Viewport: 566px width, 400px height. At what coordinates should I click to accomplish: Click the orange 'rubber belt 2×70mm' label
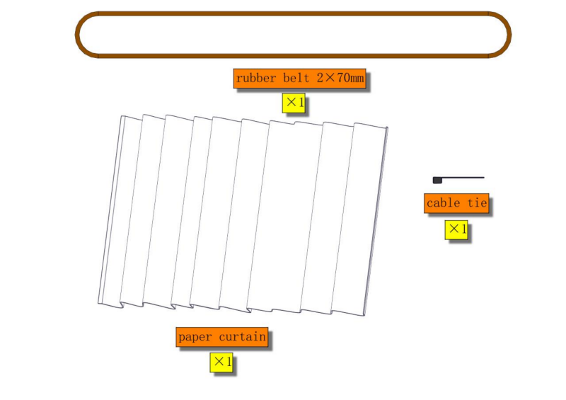pos(299,78)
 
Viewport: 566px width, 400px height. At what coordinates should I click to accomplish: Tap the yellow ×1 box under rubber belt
pos(294,103)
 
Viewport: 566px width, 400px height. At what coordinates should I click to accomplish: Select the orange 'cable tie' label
pos(456,203)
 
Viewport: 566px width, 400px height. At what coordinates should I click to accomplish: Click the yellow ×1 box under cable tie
pos(456,230)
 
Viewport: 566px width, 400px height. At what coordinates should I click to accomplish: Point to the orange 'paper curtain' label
pos(222,337)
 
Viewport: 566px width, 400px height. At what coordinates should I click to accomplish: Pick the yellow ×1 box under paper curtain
pos(221,362)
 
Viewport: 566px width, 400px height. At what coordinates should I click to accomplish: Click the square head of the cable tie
pos(437,180)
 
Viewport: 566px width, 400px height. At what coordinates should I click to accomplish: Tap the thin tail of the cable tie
pos(463,178)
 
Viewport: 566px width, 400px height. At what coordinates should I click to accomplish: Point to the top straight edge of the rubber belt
pos(293,13)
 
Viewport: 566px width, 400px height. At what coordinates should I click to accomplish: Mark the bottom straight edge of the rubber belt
pos(293,56)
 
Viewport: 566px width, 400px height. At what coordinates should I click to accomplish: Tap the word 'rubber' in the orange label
pos(256,78)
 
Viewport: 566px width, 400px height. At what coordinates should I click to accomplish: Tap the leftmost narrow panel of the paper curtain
pos(111,211)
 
